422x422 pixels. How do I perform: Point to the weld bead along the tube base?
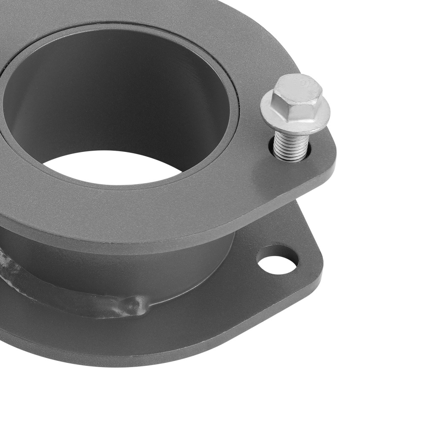pos(63,291)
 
